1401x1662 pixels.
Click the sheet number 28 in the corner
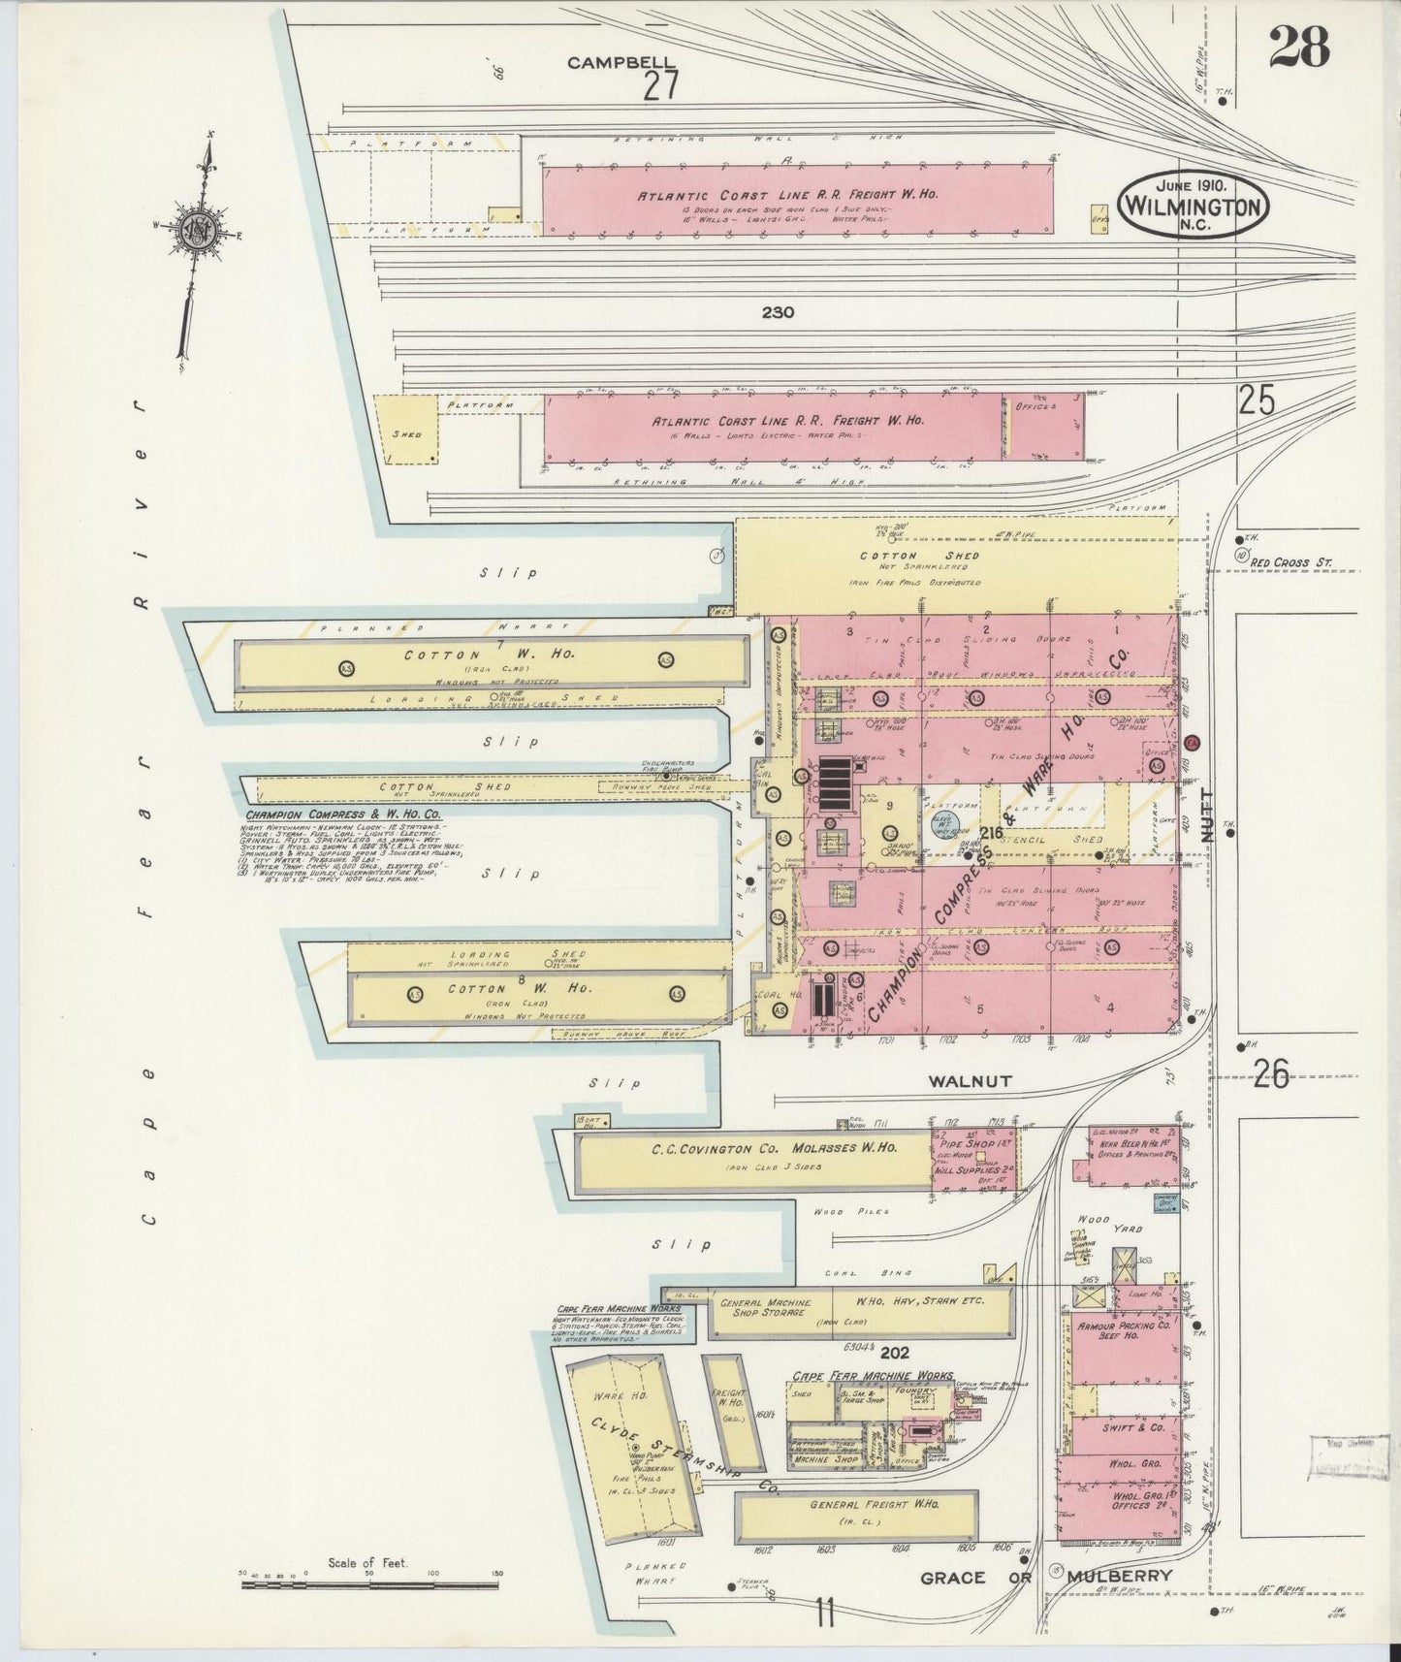tap(1298, 46)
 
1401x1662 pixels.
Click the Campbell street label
tap(621, 62)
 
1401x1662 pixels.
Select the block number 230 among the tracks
tap(778, 312)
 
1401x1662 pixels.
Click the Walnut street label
tap(970, 1080)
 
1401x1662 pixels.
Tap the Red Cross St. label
tap(1292, 562)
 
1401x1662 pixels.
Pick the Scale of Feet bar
tap(369, 1584)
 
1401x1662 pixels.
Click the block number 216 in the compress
tap(991, 833)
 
